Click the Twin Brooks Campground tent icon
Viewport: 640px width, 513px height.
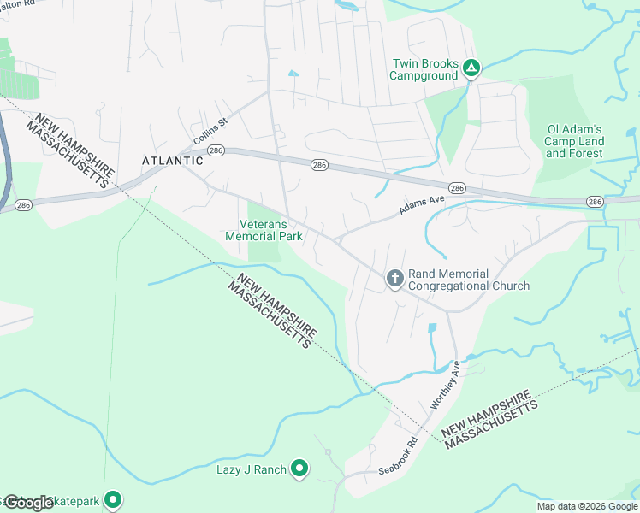pos(471,67)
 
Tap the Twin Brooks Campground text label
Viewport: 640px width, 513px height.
pos(424,69)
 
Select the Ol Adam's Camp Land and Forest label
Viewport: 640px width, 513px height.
pos(575,142)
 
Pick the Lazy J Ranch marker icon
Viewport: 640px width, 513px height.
pos(299,468)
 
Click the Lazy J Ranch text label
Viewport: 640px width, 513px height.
pos(252,469)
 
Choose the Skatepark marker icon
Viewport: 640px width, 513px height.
pos(112,500)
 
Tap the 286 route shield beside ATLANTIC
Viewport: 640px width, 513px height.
pos(215,150)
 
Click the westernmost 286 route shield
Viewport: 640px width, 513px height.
pos(23,205)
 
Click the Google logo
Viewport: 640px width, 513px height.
pos(29,503)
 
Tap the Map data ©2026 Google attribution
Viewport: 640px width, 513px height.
pos(587,506)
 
